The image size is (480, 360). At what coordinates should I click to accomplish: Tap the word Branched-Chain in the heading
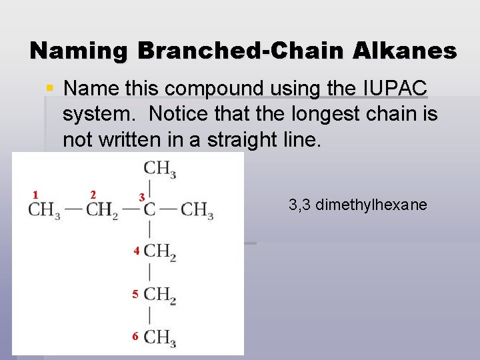pyautogui.click(x=239, y=51)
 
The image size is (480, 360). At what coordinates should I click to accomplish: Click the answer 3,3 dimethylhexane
pyautogui.click(x=357, y=205)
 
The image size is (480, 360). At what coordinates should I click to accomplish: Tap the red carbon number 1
pyautogui.click(x=35, y=195)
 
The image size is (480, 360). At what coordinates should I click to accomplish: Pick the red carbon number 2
pyautogui.click(x=93, y=195)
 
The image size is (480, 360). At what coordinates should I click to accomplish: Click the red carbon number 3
pyautogui.click(x=141, y=198)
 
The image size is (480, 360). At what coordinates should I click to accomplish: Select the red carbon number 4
pyautogui.click(x=135, y=252)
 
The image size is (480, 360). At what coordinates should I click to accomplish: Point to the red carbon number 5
pyautogui.click(x=135, y=294)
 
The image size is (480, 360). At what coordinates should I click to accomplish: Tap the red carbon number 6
pyautogui.click(x=135, y=337)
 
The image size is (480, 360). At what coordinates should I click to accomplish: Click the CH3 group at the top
pyautogui.click(x=160, y=169)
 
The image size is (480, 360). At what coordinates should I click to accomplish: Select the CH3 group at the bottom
pyautogui.click(x=160, y=337)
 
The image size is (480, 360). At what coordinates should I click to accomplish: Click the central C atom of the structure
pyautogui.click(x=149, y=211)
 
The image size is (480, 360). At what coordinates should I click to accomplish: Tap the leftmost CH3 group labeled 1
pyautogui.click(x=45, y=211)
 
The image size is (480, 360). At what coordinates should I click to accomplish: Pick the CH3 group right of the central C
pyautogui.click(x=197, y=211)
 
